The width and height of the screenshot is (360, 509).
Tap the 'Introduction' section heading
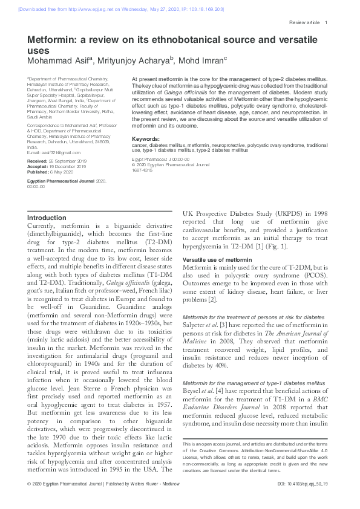pyautogui.click(x=47, y=218)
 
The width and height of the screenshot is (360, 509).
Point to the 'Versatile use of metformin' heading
pyautogui.click(x=217, y=259)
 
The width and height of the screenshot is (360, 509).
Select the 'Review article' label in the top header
pyautogui.click(x=304, y=23)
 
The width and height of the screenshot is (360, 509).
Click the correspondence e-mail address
pyautogui.click(x=54, y=152)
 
